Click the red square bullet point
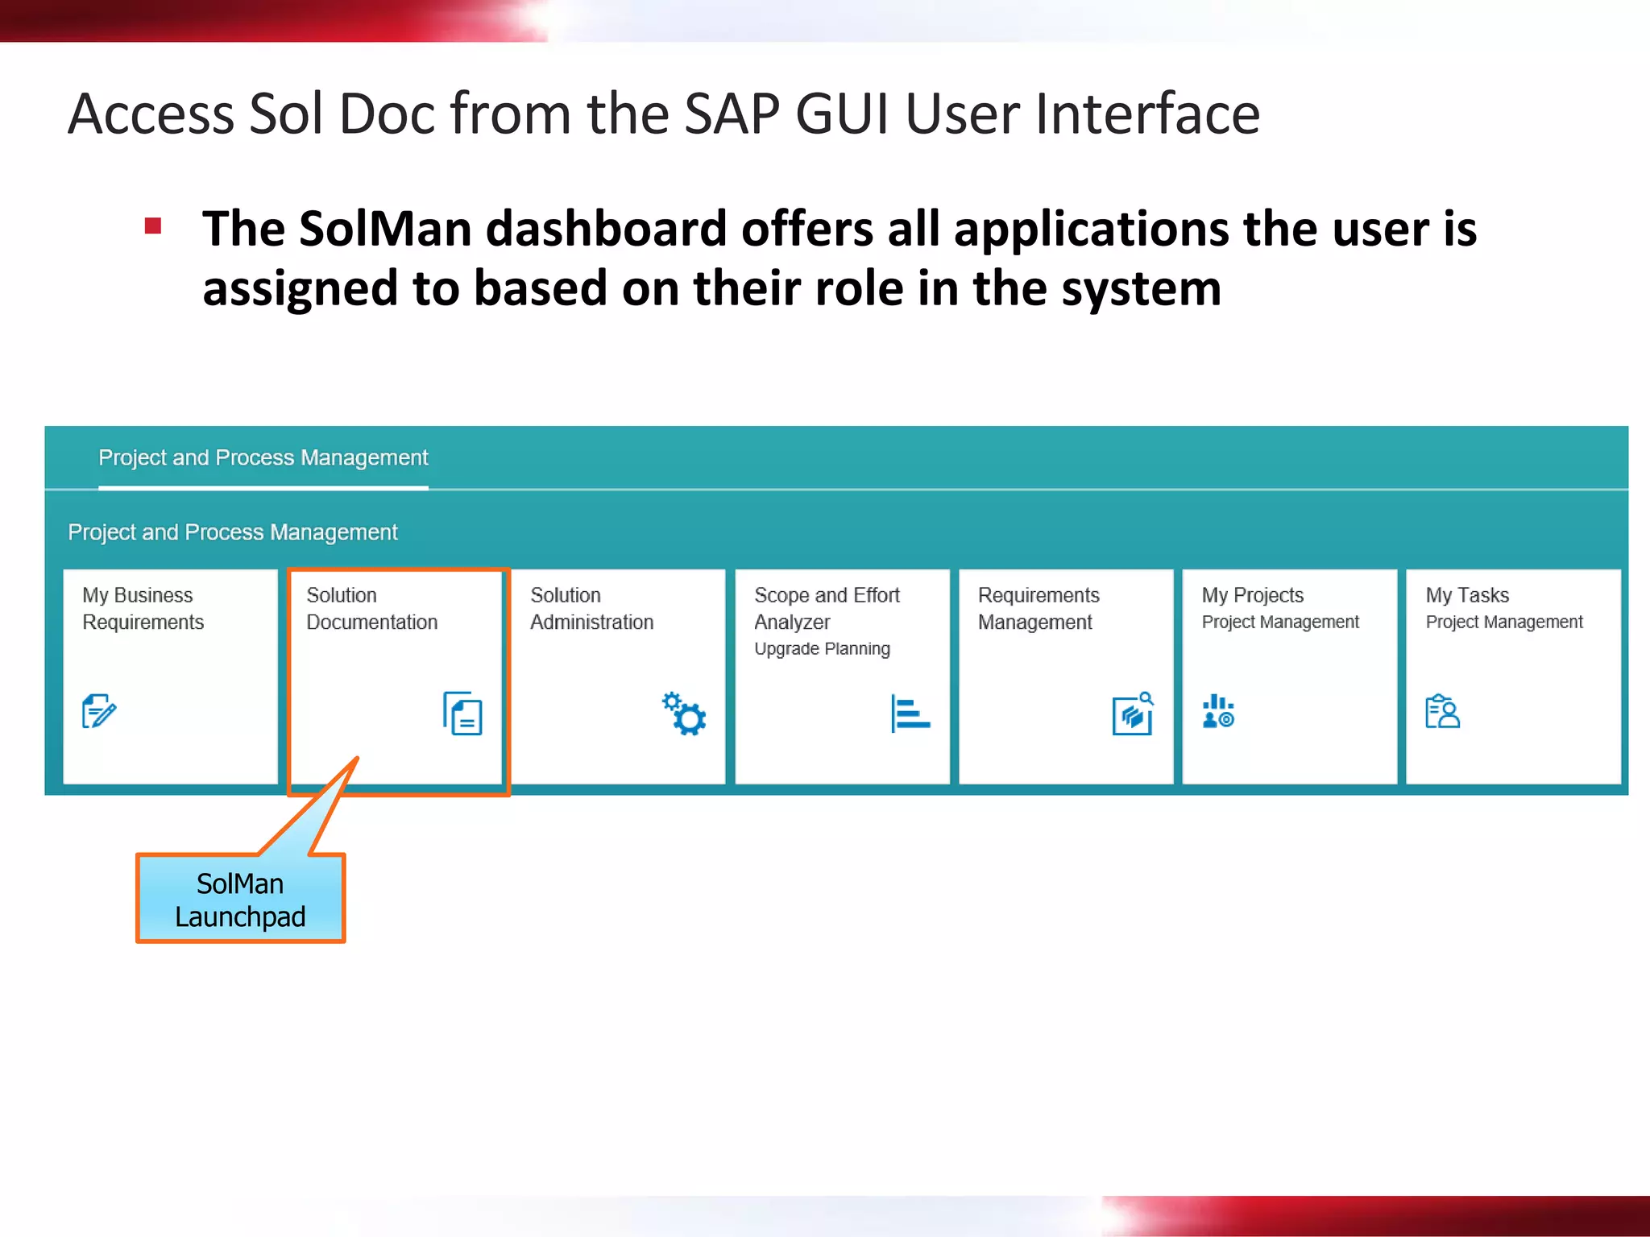153,225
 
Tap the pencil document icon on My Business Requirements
99,710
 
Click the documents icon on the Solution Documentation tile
462,713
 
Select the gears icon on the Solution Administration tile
684,714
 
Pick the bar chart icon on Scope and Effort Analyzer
910,714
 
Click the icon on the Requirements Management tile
1133,714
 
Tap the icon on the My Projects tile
1218,712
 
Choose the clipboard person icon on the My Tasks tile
1442,712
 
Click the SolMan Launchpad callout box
240,899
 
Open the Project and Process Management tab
263,458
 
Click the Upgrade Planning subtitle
822,649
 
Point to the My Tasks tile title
1467,595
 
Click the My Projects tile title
1252,595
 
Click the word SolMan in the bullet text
384,230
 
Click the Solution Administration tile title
591,609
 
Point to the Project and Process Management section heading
232,532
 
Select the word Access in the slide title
151,114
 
